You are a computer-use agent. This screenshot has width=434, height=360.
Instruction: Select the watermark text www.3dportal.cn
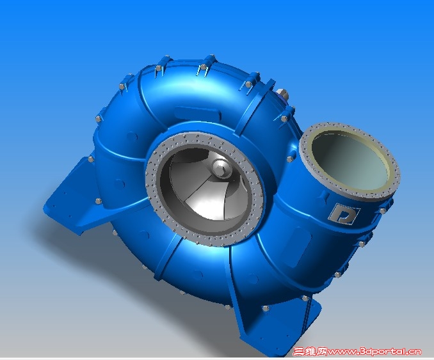(x=374, y=352)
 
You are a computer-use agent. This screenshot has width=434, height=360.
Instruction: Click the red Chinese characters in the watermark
(x=310, y=352)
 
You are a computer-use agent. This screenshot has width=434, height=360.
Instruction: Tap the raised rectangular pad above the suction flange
(x=198, y=113)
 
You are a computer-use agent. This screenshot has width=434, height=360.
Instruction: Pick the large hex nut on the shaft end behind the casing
(x=282, y=95)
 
